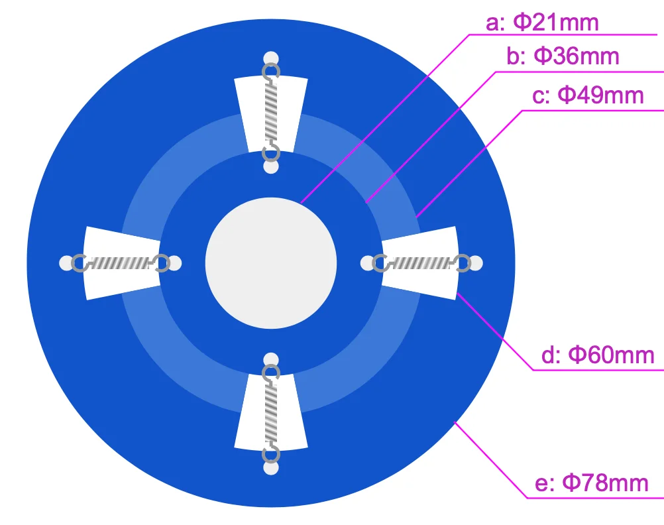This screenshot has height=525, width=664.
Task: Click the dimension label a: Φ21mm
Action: point(542,23)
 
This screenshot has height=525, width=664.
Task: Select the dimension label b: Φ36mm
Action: point(563,56)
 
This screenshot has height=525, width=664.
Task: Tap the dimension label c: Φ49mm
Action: point(588,95)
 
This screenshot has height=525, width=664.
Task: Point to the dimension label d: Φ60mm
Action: point(598,355)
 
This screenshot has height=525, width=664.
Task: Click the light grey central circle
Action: point(271,262)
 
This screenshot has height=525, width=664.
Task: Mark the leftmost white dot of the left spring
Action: point(66,263)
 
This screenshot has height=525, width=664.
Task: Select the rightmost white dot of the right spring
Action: point(476,263)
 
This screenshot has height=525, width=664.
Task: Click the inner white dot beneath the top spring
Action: point(270,166)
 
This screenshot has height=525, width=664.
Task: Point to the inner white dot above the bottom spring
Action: point(270,360)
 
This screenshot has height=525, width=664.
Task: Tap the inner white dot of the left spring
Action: point(174,263)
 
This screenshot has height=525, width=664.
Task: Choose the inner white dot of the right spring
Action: point(367,263)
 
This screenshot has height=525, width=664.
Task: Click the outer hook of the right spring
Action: point(463,263)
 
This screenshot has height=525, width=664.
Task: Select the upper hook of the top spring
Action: point(270,71)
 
